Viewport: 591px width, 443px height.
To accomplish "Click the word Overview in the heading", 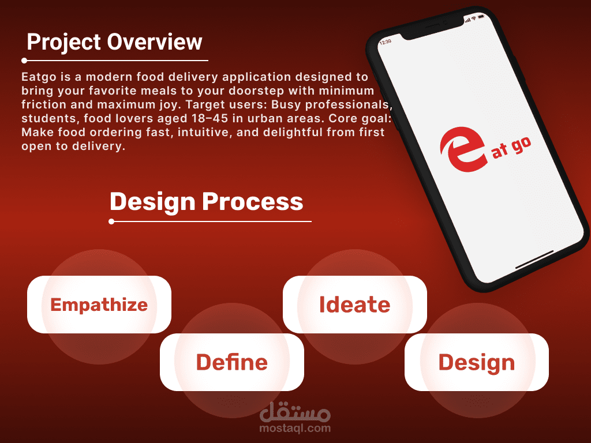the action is tap(155, 42).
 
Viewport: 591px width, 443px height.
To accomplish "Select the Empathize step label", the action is tap(99, 305).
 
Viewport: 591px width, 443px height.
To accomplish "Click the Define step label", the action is tap(232, 362).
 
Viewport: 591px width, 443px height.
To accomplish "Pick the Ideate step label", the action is tap(355, 305).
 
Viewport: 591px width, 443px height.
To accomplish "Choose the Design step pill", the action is tap(476, 362).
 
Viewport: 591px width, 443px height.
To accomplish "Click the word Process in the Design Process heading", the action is tap(253, 201).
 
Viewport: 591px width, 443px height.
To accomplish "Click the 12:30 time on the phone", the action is tap(386, 42).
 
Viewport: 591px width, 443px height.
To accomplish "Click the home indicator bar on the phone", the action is tap(534, 260).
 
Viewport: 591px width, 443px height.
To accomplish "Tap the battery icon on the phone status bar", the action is tap(481, 17).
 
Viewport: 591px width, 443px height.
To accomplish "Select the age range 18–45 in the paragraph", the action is tap(210, 118).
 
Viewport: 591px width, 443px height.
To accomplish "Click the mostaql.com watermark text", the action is tap(295, 428).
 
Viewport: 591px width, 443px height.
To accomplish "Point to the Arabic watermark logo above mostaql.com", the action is tap(295, 412).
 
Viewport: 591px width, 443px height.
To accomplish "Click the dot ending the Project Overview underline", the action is tap(24, 60).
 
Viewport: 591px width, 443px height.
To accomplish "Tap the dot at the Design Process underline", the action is tap(111, 221).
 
